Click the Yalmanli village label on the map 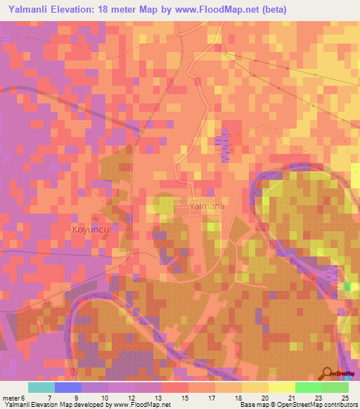pyautogui.click(x=207, y=207)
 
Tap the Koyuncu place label pyautogui.click(x=92, y=230)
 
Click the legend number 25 pyautogui.click(x=345, y=398)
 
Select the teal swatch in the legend pyautogui.click(x=41, y=387)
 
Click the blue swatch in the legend pyautogui.click(x=67, y=387)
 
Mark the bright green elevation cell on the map pyautogui.click(x=347, y=286)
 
